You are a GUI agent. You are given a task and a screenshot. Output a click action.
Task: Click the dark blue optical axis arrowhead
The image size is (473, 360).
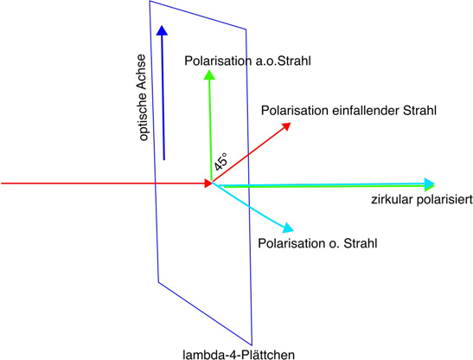(162, 30)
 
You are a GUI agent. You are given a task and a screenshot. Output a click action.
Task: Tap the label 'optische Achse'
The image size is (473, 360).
(142, 98)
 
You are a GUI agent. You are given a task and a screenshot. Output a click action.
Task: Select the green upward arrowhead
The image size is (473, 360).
(209, 75)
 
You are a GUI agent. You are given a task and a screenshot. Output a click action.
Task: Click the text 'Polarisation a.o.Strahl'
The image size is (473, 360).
(247, 61)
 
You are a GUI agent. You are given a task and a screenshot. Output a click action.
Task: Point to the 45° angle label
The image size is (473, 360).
(221, 161)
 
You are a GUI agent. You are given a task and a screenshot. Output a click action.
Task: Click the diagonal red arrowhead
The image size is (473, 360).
(285, 126)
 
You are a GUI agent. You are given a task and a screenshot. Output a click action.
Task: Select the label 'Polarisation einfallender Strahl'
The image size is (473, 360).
(348, 111)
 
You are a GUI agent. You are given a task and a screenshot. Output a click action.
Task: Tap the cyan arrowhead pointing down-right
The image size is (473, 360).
(288, 227)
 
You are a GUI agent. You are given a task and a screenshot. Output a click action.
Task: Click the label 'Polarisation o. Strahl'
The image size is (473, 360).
(317, 243)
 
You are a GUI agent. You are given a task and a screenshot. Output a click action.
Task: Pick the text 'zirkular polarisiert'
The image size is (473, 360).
(422, 200)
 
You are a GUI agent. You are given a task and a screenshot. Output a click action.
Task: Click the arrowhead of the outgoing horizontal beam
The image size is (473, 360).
(430, 184)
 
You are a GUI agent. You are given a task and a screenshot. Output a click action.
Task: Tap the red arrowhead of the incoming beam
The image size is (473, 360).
(208, 183)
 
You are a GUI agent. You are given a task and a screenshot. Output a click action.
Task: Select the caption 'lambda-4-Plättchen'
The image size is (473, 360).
(239, 354)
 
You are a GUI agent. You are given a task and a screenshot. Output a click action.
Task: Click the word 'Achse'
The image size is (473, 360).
(142, 72)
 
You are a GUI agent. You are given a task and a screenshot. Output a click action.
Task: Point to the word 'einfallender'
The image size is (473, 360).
(366, 111)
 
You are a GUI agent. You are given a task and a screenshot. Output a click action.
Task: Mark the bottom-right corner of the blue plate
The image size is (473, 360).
(252, 345)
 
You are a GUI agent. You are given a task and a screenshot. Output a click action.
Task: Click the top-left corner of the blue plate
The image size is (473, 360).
(150, 1)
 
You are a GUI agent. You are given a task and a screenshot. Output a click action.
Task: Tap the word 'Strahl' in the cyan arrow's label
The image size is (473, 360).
(361, 243)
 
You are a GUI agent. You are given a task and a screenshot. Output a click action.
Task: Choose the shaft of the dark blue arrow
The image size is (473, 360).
(163, 98)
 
